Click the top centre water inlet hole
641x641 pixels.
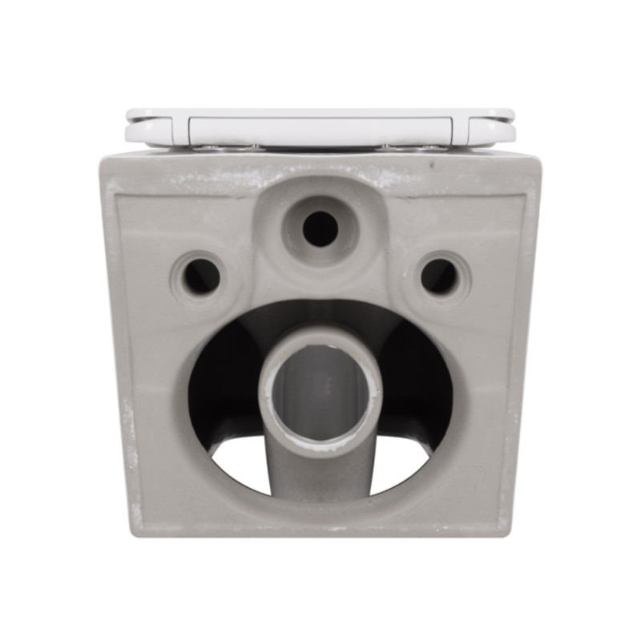[x=320, y=228]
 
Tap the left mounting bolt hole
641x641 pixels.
[x=201, y=276]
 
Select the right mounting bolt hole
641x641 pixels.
[x=440, y=276]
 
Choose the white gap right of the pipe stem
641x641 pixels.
[x=401, y=469]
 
